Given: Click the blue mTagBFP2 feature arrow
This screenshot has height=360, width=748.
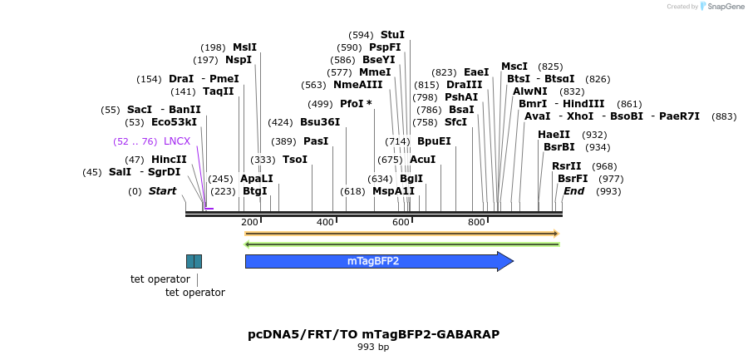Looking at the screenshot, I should point(378,261).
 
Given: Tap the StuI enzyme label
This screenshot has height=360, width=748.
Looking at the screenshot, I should point(392,35).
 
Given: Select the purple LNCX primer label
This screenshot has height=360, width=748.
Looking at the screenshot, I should point(177,141).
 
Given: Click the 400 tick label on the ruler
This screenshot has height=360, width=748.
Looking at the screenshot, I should point(324,223).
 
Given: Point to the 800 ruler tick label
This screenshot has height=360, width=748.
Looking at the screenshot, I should point(476,223).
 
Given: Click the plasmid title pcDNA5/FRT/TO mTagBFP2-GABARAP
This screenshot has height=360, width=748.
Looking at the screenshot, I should point(374,334).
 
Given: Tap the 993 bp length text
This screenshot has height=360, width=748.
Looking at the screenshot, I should point(373,348).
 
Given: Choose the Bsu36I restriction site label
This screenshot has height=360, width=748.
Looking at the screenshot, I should point(320,122).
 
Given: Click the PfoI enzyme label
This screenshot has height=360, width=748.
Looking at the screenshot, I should point(352,104).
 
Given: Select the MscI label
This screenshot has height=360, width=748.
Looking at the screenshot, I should point(514,67).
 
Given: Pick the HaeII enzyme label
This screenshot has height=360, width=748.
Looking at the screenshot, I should point(554,135).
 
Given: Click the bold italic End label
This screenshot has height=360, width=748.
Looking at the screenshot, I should point(573,191).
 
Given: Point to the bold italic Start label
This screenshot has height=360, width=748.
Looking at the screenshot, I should point(163,191).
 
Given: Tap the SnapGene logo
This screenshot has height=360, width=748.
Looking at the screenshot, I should point(721,7).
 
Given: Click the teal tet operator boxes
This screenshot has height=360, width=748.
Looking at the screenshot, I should point(194,261).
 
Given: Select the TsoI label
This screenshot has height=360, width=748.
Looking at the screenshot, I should point(295,160).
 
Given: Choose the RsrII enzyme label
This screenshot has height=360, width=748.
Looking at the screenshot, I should point(566,166).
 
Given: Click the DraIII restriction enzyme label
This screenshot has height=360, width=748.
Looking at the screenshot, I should point(464,85).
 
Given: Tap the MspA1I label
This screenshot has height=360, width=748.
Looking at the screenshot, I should point(393,191).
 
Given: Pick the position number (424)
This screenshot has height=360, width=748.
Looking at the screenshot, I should point(280,122).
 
